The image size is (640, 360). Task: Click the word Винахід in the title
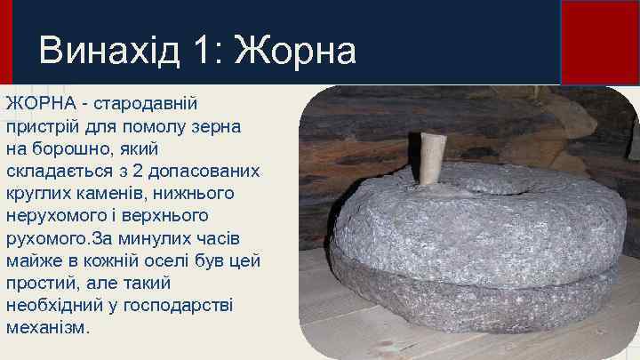coord(106,51)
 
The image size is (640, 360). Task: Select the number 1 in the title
coord(204,51)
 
